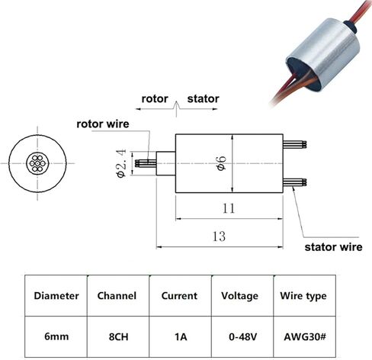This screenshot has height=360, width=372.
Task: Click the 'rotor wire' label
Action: pyautogui.click(x=103, y=124)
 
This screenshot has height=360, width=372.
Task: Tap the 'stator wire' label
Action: pyautogui.click(x=333, y=247)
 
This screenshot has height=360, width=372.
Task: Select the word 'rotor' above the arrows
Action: pyautogui.click(x=155, y=99)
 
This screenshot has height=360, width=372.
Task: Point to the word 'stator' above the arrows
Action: pyautogui.click(x=203, y=99)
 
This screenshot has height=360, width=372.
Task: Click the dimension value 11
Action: pyautogui.click(x=229, y=208)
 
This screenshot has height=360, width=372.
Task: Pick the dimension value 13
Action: pyautogui.click(x=219, y=236)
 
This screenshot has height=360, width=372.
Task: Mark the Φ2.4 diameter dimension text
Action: pyautogui.click(x=121, y=163)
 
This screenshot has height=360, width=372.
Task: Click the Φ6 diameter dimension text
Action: pyautogui.click(x=221, y=163)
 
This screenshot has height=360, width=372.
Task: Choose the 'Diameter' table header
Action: pyautogui.click(x=56, y=296)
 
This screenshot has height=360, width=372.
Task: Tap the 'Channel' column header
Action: pyautogui.click(x=117, y=296)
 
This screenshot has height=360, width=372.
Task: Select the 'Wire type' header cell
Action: pyautogui.click(x=303, y=296)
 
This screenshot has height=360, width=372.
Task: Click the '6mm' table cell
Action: pyautogui.click(x=56, y=336)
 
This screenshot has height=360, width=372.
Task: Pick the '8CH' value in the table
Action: pyautogui.click(x=118, y=337)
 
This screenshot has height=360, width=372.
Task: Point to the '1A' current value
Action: pyautogui.click(x=181, y=337)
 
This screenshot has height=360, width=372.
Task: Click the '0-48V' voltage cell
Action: pyautogui.click(x=243, y=337)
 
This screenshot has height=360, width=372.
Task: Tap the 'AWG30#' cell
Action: pyautogui.click(x=305, y=337)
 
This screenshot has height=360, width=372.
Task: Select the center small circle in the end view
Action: pyautogui.click(x=37, y=163)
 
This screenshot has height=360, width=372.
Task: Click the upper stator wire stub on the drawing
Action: pyautogui.click(x=295, y=145)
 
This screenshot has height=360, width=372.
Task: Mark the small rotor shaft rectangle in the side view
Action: pyautogui.click(x=165, y=163)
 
